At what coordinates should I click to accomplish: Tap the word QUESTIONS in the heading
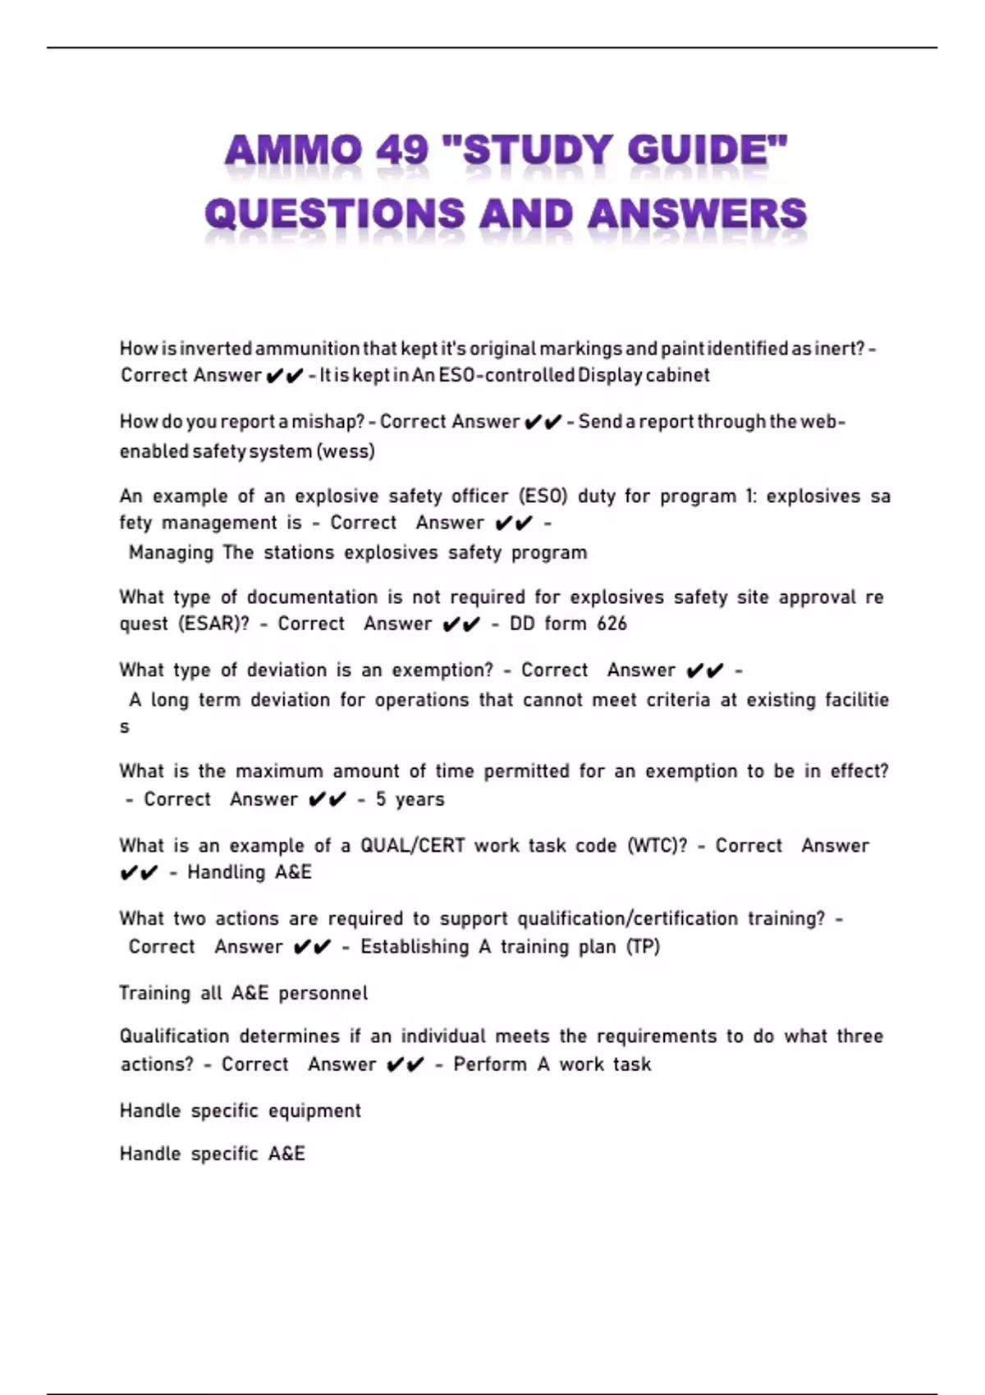pos(335,214)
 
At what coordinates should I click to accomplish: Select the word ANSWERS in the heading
pos(697,214)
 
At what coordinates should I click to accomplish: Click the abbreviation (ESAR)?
pos(213,624)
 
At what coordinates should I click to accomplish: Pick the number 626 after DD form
pos(612,624)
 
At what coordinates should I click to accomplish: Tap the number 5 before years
pos(381,799)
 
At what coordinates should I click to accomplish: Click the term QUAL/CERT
pos(412,846)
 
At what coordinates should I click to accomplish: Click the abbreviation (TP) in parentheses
pos(643,947)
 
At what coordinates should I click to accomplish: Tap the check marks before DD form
pos(460,624)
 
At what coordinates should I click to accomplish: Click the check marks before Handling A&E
pos(139,873)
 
